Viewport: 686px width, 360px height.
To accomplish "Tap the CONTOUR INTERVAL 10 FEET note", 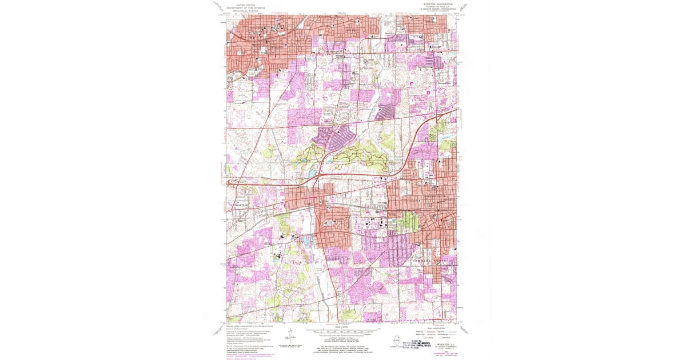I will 342,338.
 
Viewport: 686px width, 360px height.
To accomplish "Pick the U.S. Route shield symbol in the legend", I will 421,337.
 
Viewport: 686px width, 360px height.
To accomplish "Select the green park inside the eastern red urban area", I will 407,221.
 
